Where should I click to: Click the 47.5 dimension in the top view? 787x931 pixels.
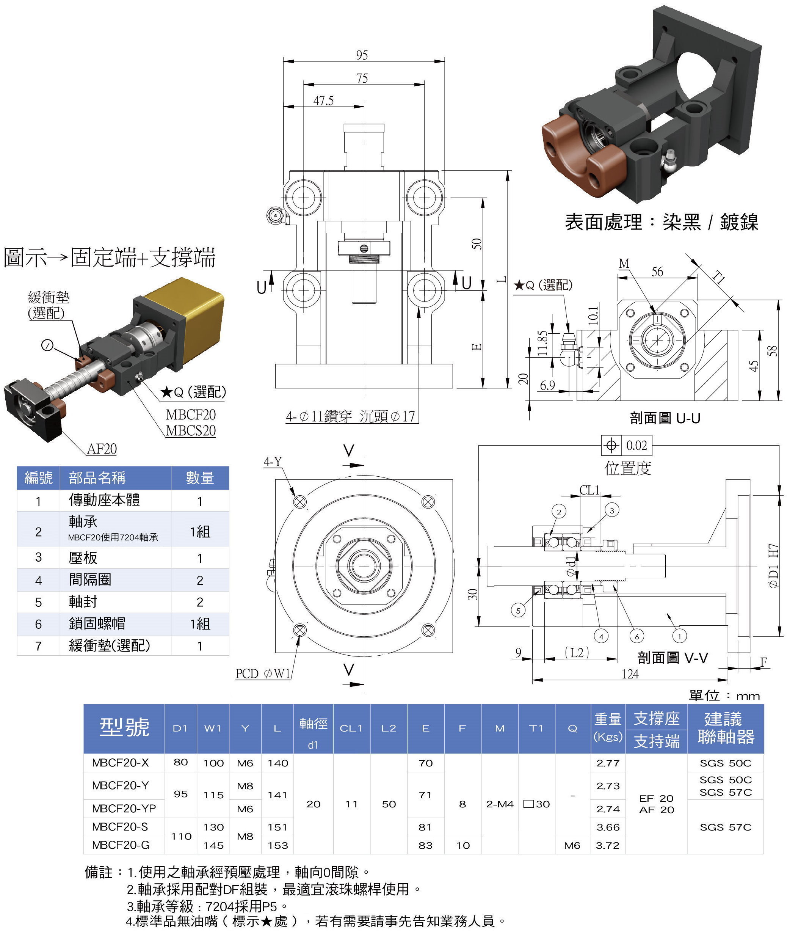[323, 100]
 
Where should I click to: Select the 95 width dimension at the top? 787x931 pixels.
[362, 55]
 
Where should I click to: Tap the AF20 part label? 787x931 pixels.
[102, 449]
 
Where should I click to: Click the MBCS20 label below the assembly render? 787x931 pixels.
[191, 431]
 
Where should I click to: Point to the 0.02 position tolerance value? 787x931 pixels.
[636, 446]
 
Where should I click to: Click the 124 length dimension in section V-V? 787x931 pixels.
[630, 674]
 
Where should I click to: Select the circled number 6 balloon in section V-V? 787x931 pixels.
[636, 636]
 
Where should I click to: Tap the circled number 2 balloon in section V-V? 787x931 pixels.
[558, 512]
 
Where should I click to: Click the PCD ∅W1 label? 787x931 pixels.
[263, 674]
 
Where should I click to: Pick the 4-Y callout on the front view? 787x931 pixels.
[272, 462]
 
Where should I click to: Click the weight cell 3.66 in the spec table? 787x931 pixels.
[608, 827]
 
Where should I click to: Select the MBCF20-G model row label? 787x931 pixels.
[121, 845]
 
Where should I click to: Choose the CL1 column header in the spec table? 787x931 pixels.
[351, 728]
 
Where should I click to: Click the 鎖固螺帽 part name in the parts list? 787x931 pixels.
[97, 623]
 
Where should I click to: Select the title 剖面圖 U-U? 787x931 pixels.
[665, 418]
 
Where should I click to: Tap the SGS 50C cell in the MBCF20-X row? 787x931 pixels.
[726, 763]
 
